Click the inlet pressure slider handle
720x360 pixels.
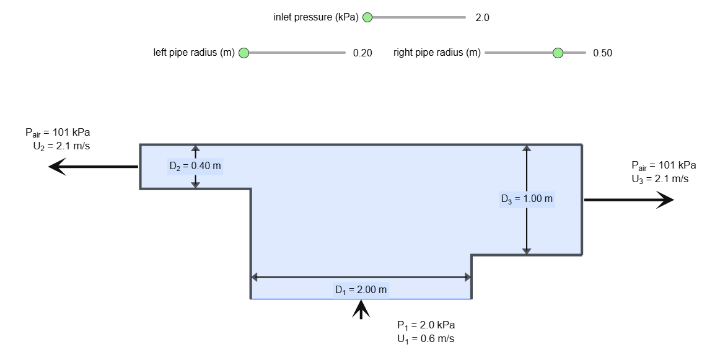(367, 17)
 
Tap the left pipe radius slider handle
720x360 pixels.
(244, 53)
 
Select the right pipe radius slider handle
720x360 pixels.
(558, 53)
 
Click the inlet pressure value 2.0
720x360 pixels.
(483, 18)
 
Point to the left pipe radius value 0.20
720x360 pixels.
(362, 53)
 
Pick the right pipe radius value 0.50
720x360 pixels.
(602, 53)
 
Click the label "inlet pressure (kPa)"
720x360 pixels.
(316, 17)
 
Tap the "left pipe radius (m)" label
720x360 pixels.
(194, 53)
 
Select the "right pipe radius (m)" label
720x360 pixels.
(437, 53)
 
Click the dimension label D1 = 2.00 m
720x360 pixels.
(361, 289)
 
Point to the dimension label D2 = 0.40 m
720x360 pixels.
(195, 165)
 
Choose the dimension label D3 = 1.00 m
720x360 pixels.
(527, 199)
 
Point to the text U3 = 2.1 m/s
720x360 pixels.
(660, 179)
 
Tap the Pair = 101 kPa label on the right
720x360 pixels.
(664, 165)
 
